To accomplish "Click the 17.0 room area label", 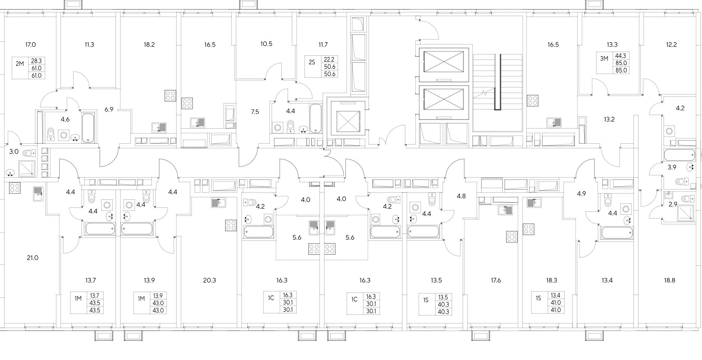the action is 30,45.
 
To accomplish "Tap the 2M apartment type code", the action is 20,64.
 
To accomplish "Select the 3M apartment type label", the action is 604,59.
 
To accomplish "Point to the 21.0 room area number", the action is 33,258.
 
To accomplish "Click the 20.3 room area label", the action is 210,280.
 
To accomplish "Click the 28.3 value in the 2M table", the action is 36,61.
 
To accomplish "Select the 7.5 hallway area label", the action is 255,112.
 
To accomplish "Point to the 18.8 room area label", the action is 671,280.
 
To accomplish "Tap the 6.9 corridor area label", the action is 109,109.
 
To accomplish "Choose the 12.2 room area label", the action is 672,45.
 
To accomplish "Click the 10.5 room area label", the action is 266,44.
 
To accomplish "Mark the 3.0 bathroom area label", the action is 14,152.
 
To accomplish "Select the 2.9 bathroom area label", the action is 673,205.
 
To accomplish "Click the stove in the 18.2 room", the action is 171,96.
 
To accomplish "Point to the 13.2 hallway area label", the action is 609,120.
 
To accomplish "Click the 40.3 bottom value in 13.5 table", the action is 443,311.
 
